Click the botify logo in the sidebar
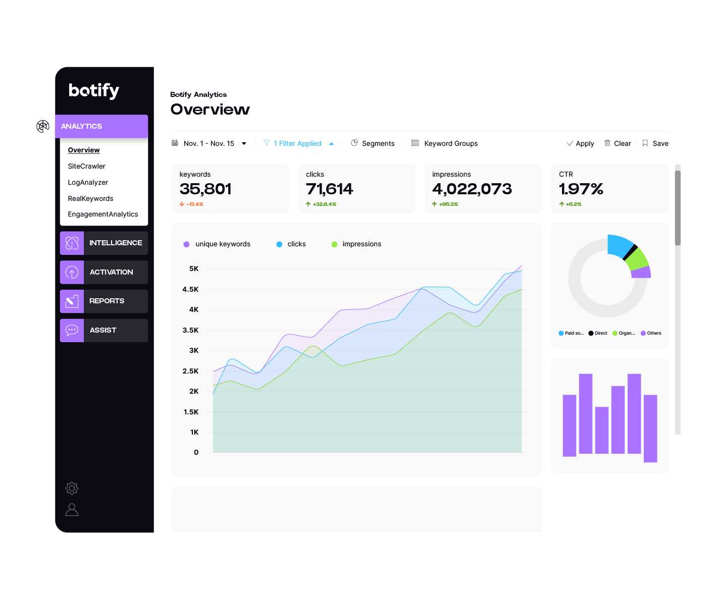point(94,90)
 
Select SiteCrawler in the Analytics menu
point(86,166)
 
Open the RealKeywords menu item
point(90,198)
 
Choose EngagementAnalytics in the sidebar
point(103,214)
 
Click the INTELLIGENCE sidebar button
point(104,243)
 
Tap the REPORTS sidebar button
point(104,301)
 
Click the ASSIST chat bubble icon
point(72,331)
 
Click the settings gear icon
point(72,488)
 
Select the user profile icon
point(72,510)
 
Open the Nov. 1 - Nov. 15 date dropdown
point(209,143)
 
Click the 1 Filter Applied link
point(297,143)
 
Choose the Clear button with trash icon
point(618,143)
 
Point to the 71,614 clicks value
point(329,189)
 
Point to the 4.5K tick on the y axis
point(190,289)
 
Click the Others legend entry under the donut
point(651,333)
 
